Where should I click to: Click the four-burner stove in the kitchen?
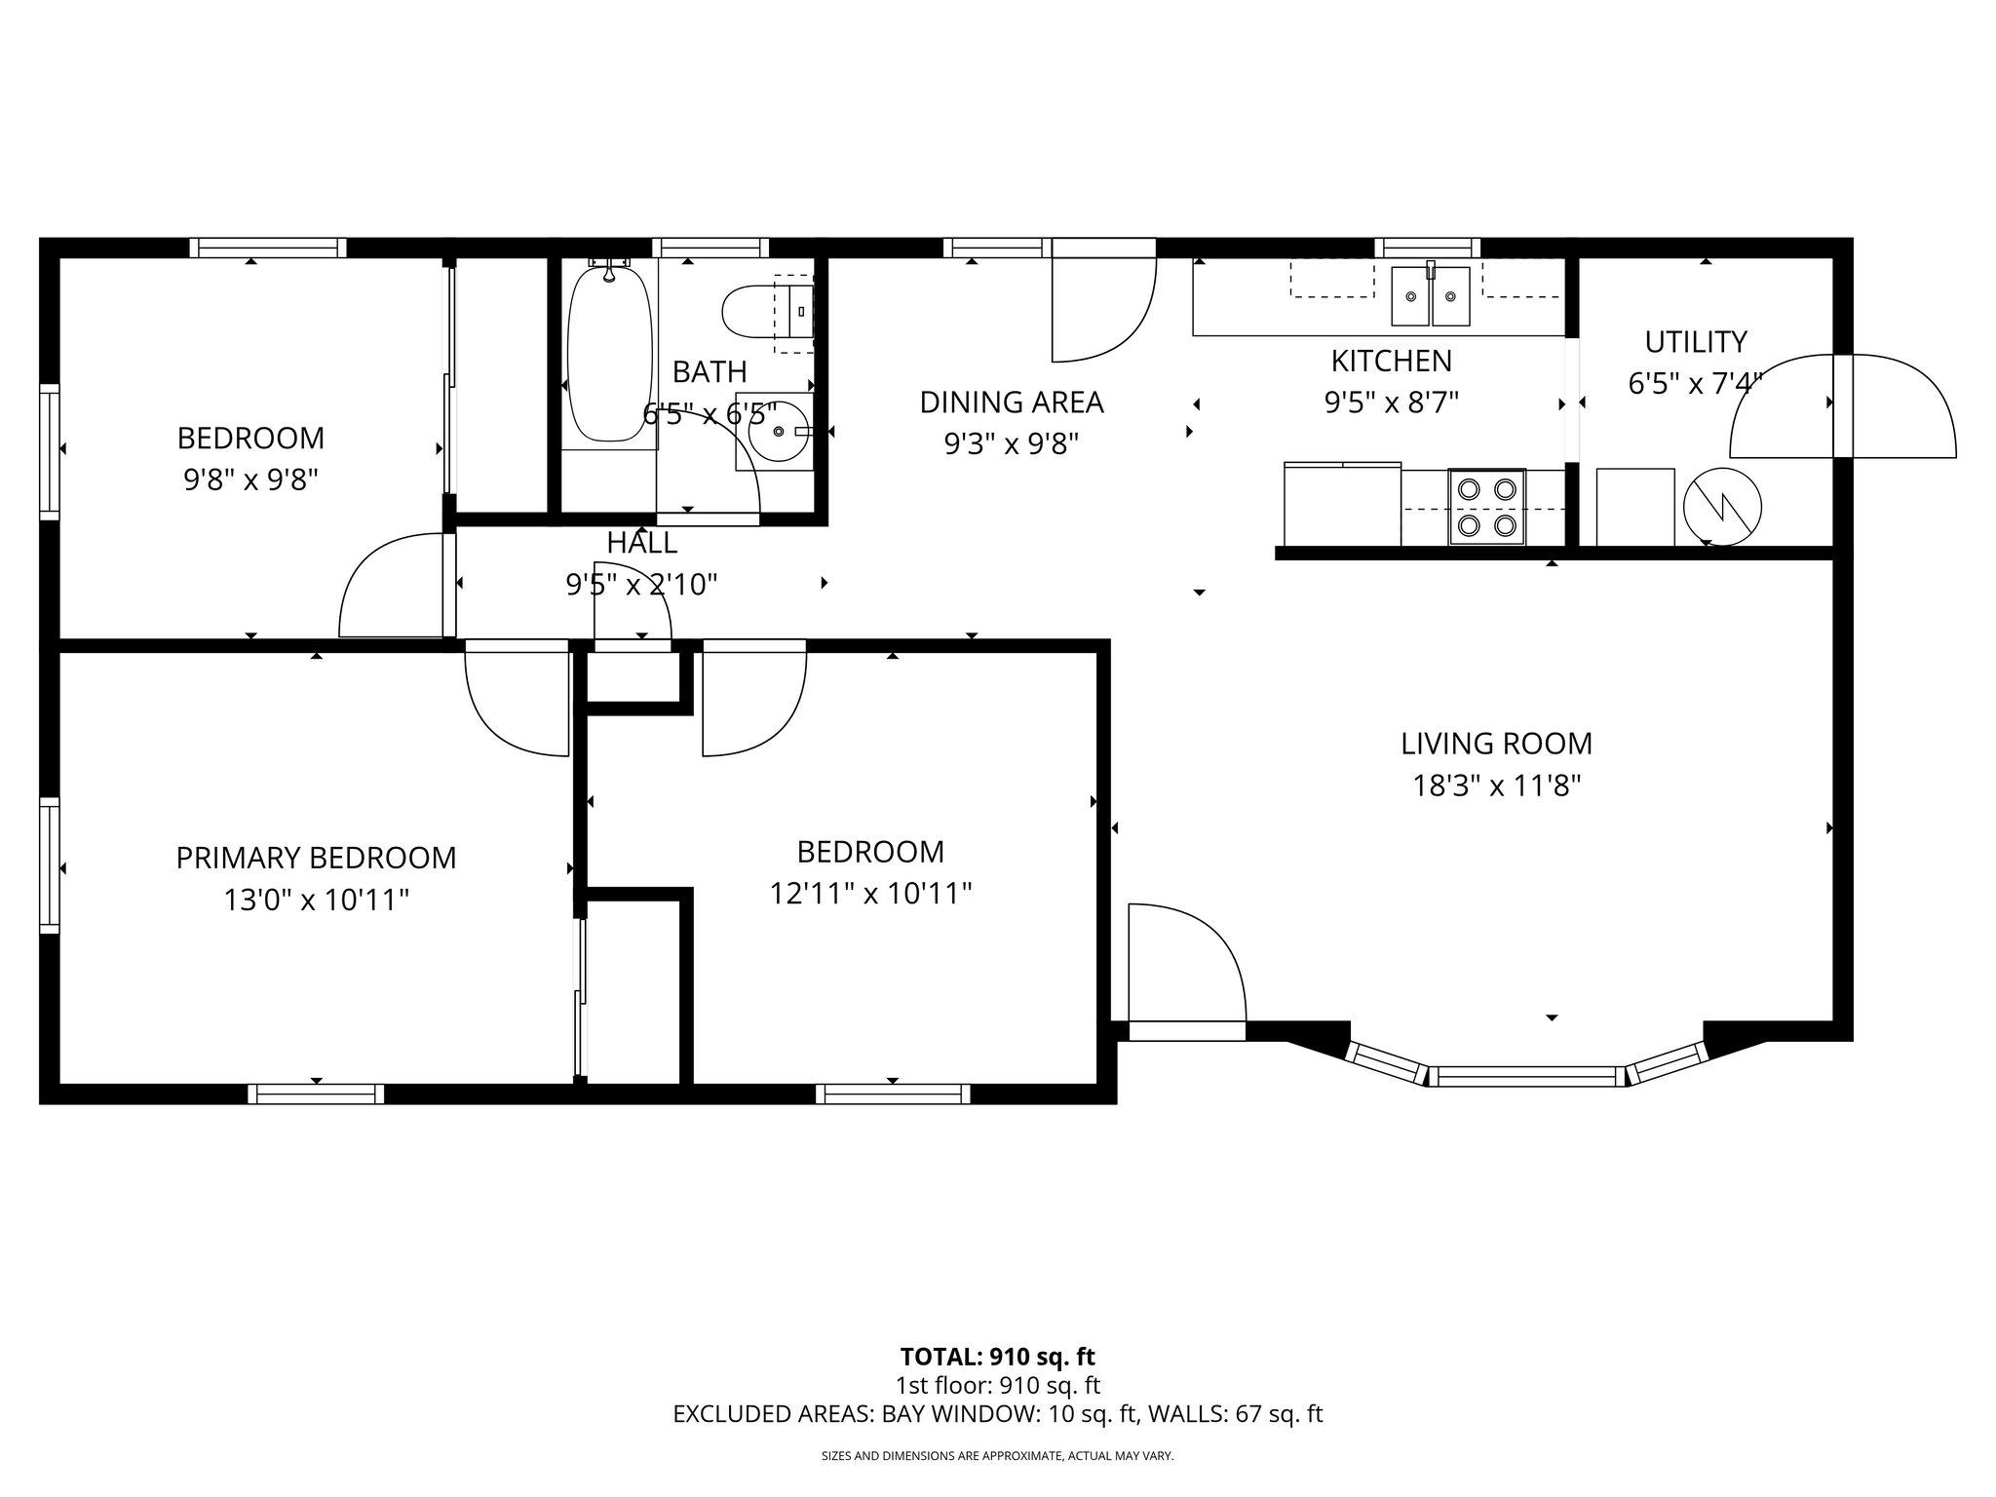(x=1486, y=507)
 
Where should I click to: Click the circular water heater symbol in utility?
(x=1722, y=507)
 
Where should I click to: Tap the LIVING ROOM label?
(x=1496, y=744)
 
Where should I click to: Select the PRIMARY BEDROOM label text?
(x=316, y=858)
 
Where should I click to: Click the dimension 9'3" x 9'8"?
(x=1011, y=444)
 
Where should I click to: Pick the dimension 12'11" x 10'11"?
(x=870, y=893)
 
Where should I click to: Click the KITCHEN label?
(x=1391, y=361)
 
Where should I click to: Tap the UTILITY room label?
(x=1695, y=342)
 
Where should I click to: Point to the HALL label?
(x=641, y=543)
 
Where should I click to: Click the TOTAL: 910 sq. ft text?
(x=997, y=1357)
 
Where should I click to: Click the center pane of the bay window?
(x=1526, y=1076)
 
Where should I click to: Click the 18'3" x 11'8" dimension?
(x=1496, y=786)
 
